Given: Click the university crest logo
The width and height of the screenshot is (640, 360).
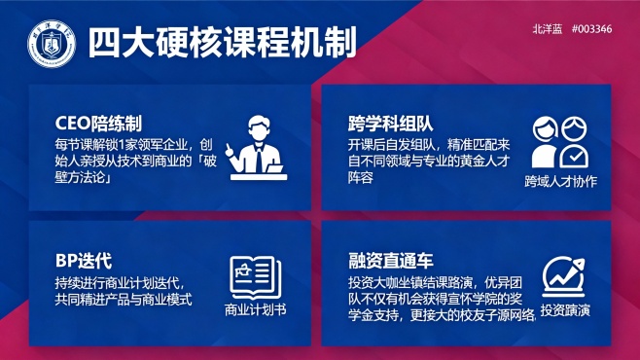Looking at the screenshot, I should click(x=46, y=41).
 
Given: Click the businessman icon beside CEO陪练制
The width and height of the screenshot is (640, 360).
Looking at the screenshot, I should click(x=257, y=147).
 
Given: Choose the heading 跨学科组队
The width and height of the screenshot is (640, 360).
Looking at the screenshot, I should click(x=390, y=125).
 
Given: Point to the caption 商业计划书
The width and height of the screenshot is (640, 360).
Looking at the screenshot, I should click(x=256, y=311).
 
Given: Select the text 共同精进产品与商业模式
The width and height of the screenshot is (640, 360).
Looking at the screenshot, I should click(x=124, y=300).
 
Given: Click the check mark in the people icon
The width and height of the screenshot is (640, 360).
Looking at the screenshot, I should click(x=576, y=156).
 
